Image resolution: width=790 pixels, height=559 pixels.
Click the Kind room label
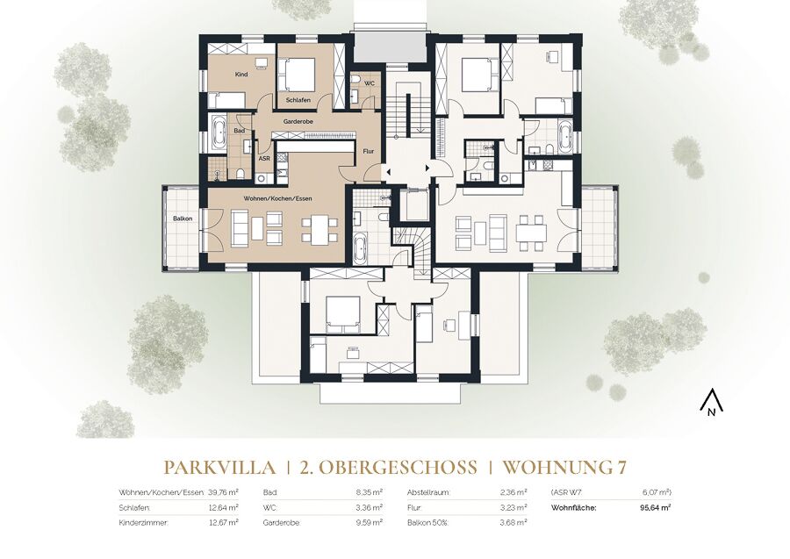[241, 75]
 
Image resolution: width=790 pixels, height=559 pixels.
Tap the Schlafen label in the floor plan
[298, 100]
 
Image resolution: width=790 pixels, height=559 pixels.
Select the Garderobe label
[296, 121]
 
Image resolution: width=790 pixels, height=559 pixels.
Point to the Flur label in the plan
[369, 152]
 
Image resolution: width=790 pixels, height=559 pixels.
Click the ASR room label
[264, 158]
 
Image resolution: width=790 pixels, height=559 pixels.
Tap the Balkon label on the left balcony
[183, 219]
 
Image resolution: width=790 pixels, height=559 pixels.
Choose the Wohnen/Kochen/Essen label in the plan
[277, 198]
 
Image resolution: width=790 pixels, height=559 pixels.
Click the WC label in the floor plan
[370, 82]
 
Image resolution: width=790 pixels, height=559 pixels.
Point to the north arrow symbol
[711, 403]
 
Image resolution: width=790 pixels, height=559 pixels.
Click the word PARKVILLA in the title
[219, 468]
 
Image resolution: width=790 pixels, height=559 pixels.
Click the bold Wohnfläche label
[574, 507]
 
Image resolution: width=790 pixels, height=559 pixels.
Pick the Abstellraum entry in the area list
[428, 492]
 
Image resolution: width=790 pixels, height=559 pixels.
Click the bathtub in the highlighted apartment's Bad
[219, 133]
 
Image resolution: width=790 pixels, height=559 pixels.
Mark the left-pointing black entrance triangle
[388, 172]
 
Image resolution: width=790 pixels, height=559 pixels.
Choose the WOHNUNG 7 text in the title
[564, 468]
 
